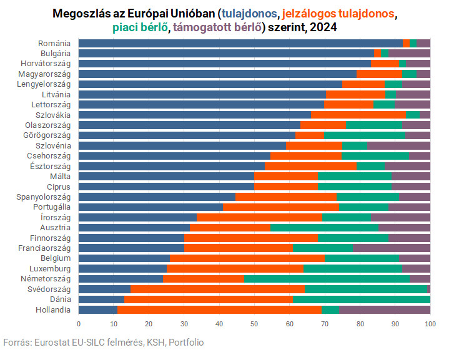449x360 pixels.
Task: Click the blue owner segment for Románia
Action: tap(240, 43)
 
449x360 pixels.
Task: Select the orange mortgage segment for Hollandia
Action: tap(219, 309)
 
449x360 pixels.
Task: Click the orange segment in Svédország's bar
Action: tap(217, 289)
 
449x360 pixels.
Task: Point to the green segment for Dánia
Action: tap(361, 299)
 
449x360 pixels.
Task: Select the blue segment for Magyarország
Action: tap(217, 74)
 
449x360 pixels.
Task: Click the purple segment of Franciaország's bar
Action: tap(392, 248)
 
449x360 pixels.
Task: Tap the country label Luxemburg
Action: tap(53, 268)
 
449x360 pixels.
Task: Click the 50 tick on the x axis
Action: tap(254, 324)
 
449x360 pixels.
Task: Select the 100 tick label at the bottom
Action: tap(430, 324)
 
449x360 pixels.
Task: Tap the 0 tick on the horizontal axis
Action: tap(79, 324)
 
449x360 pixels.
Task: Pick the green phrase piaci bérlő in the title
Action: tap(139, 27)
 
